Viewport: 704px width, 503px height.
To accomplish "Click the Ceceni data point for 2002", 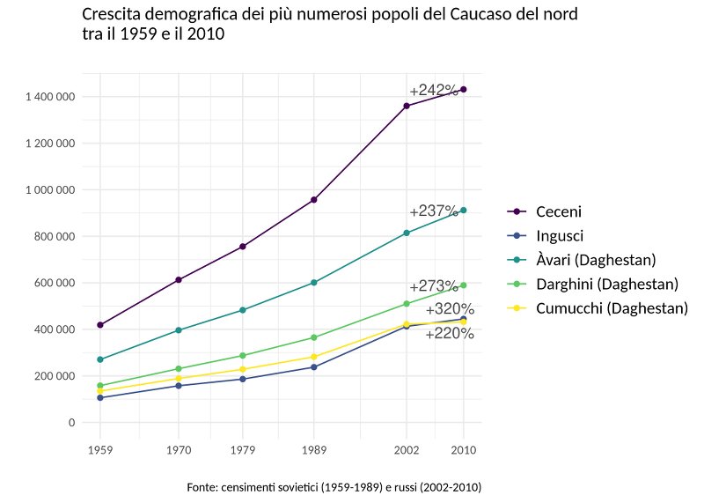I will pyautogui.click(x=407, y=106).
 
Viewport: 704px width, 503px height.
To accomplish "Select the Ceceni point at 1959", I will pyautogui.click(x=100, y=325).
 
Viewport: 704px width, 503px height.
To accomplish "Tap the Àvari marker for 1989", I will pyautogui.click(x=314, y=283).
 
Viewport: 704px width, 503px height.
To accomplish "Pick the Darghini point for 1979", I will pyautogui.click(x=243, y=356).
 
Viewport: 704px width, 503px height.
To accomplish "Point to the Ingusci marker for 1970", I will pyautogui.click(x=179, y=386).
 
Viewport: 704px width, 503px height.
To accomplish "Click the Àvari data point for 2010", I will pyautogui.click(x=464, y=211).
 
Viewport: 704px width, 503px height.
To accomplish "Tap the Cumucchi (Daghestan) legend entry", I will pyautogui.click(x=612, y=308).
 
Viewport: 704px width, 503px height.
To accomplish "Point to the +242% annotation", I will pyautogui.click(x=434, y=91).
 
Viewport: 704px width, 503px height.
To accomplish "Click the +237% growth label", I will pyautogui.click(x=434, y=211).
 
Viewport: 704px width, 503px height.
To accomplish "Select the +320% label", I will pyautogui.click(x=450, y=309).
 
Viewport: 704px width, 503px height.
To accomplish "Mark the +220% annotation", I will pyautogui.click(x=450, y=334).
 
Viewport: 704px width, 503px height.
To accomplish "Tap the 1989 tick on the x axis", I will pyautogui.click(x=314, y=450).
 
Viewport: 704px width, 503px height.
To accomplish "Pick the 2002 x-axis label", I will pyautogui.click(x=407, y=450).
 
